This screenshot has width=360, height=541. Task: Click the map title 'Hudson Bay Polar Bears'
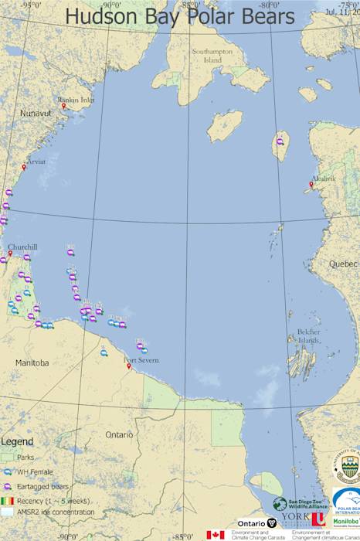coord(179,16)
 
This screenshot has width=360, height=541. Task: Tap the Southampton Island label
coord(207,56)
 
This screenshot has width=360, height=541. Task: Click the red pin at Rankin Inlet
coord(64,106)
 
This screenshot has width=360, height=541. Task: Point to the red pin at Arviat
coord(24,167)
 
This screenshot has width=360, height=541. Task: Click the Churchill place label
coord(22,247)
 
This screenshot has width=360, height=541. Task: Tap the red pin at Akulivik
coord(311,184)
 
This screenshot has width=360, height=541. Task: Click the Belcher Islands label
coord(308,336)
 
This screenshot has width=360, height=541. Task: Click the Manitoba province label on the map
coord(32,362)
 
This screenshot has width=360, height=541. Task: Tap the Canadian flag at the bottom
coord(216,535)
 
